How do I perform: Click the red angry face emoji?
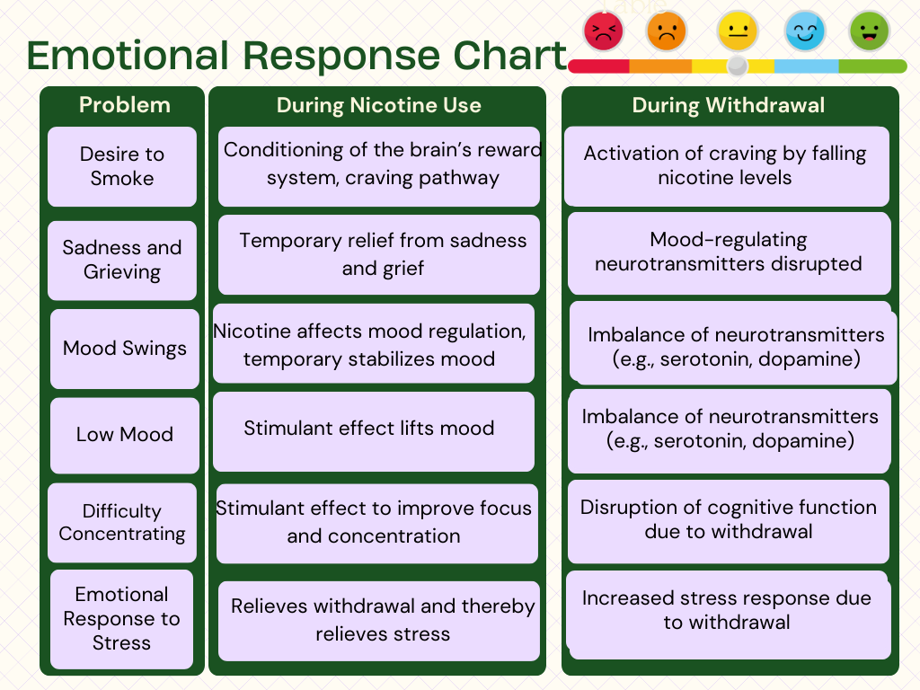[604, 31]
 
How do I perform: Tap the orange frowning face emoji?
[666, 31]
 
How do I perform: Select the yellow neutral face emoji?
[737, 31]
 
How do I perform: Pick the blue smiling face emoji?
[804, 31]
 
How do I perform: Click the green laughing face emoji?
[869, 31]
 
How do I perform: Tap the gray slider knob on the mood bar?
[737, 66]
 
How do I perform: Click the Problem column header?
[124, 105]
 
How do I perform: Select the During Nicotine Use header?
[378, 105]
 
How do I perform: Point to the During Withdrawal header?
[729, 105]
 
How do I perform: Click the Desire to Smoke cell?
[122, 166]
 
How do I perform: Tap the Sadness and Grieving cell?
[122, 260]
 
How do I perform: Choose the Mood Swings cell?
[125, 349]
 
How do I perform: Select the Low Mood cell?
[125, 435]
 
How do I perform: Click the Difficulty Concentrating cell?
[122, 523]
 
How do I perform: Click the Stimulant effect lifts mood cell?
[374, 430]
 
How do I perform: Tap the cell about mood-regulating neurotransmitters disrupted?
[729, 252]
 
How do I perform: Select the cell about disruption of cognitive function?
[729, 520]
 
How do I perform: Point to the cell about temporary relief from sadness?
[379, 254]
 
